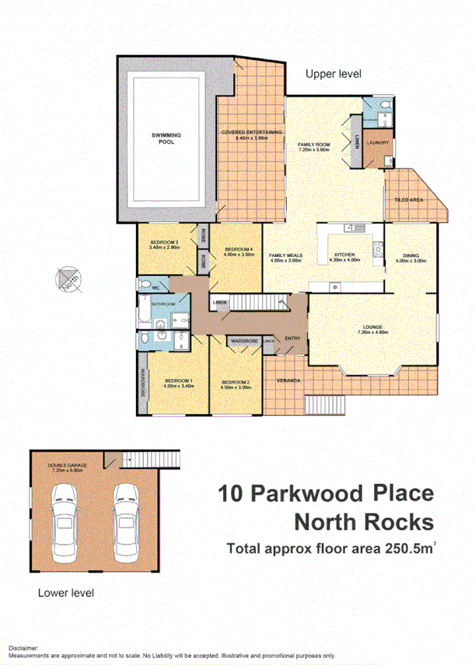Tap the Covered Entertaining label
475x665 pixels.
(x=251, y=133)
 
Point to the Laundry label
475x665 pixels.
(x=379, y=142)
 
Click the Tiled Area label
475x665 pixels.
(x=408, y=200)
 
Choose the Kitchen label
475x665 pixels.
(x=344, y=255)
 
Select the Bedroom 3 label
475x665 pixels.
(x=164, y=243)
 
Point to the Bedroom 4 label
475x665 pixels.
(x=239, y=249)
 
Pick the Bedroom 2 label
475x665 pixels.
(x=235, y=382)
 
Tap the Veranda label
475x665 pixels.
(x=288, y=381)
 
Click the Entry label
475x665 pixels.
(x=292, y=338)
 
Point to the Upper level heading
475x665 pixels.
(x=333, y=74)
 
